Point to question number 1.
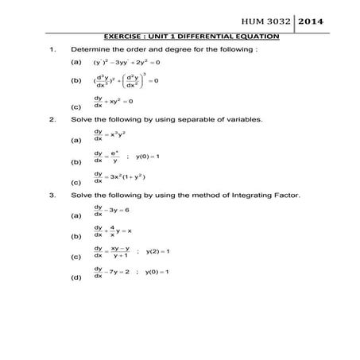(52, 48)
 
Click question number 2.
(52, 119)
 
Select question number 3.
(52, 193)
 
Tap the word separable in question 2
(177, 119)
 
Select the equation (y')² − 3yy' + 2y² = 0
(127, 61)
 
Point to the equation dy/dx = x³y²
(112, 135)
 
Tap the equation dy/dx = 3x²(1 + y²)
(119, 176)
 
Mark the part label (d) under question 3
(75, 278)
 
